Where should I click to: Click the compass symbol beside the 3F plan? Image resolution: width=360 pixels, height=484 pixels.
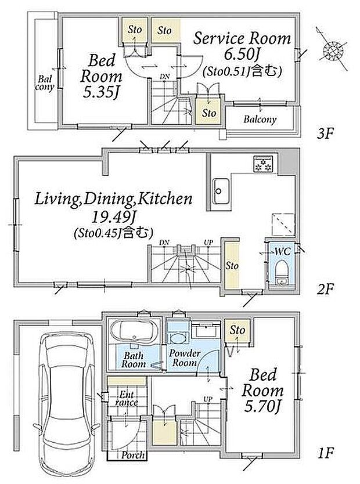[x=333, y=49]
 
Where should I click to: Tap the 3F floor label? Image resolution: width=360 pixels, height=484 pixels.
[x=325, y=134]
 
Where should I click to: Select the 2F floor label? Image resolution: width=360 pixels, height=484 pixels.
[x=325, y=289]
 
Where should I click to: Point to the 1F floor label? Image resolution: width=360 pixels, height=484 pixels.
[x=325, y=453]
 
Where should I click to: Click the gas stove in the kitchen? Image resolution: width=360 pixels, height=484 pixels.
[x=263, y=164]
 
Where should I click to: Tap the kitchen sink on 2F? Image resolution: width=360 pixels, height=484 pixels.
[x=221, y=191]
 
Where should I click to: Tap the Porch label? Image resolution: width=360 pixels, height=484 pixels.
[x=132, y=454]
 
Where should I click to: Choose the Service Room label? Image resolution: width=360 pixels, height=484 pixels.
[x=242, y=39]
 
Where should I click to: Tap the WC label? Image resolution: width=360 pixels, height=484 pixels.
[x=283, y=251]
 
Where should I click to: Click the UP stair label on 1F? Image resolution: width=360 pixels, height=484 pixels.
[x=208, y=399]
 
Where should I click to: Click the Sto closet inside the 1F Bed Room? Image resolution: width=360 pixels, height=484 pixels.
[x=237, y=330]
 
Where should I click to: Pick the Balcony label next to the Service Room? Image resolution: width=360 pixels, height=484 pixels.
[x=260, y=120]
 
